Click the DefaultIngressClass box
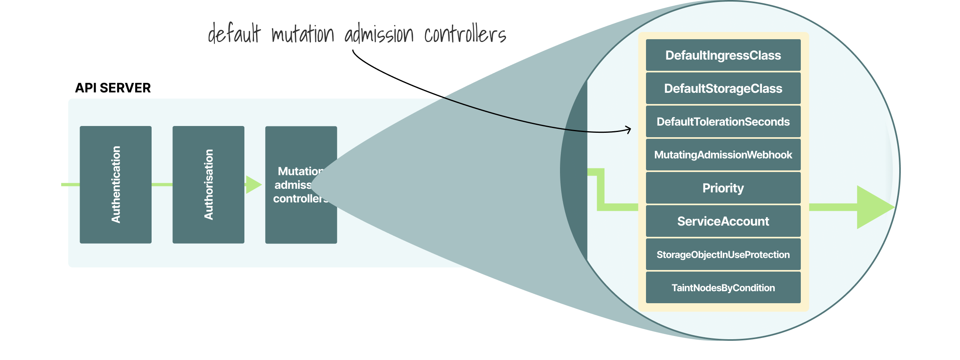(x=723, y=55)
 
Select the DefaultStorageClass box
(x=723, y=88)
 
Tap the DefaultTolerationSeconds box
(x=723, y=122)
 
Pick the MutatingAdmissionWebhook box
(x=723, y=155)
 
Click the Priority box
(x=723, y=188)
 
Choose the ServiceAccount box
(x=723, y=221)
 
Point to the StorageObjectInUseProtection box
(x=723, y=254)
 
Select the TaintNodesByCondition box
(x=723, y=288)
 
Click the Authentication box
(x=116, y=184)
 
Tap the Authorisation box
(x=208, y=184)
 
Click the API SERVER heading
(x=113, y=88)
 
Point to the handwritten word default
(x=234, y=34)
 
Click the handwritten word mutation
(x=302, y=34)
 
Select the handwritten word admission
(x=379, y=34)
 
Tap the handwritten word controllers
(x=465, y=34)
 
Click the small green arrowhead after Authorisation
(x=253, y=184)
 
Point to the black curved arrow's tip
(x=630, y=129)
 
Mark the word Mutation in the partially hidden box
(x=300, y=171)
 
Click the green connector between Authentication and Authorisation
(x=162, y=184)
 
